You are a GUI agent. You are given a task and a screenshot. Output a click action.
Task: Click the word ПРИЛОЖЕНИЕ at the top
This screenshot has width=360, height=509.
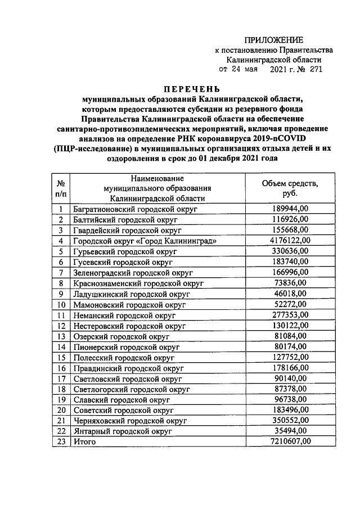coord(273,39)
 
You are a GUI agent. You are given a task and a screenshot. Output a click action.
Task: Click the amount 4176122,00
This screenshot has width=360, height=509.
coord(290,240)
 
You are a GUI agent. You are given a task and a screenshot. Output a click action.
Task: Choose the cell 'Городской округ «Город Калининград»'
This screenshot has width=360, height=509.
coord(145,241)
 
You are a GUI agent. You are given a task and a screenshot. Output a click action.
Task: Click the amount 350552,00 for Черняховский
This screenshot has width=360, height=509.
coord(290,420)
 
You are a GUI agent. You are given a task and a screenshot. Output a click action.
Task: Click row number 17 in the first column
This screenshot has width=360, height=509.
coord(60,378)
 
